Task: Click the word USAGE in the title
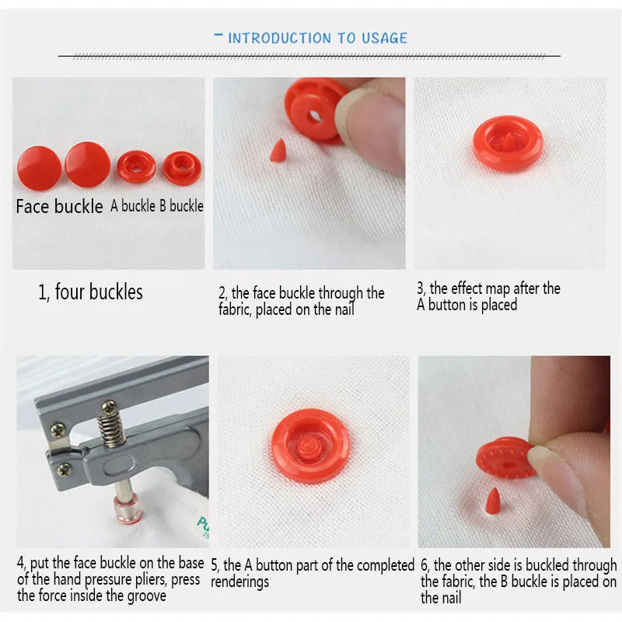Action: pyautogui.click(x=384, y=38)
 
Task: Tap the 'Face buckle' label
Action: pyautogui.click(x=59, y=206)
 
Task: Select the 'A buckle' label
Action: pyautogui.click(x=132, y=206)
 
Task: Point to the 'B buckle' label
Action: pyautogui.click(x=182, y=206)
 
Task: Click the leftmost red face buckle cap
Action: pyautogui.click(x=40, y=168)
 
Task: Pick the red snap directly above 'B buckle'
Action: pyautogui.click(x=182, y=168)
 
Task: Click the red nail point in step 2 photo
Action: pyautogui.click(x=278, y=150)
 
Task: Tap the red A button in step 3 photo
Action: pyautogui.click(x=508, y=144)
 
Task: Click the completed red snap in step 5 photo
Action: pyautogui.click(x=311, y=446)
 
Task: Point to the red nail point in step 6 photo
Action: pyautogui.click(x=494, y=501)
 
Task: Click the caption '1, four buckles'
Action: pyautogui.click(x=90, y=292)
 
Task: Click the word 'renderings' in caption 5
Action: pyautogui.click(x=240, y=582)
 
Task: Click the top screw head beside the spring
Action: pyautogui.click(x=110, y=406)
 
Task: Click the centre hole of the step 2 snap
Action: pyautogui.click(x=315, y=117)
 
